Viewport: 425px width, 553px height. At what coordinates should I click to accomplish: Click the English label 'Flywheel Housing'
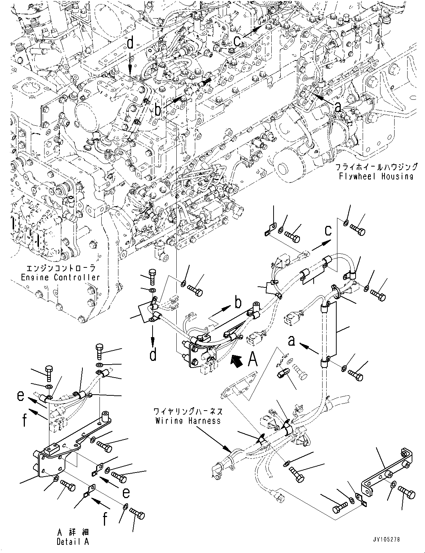coord(376,176)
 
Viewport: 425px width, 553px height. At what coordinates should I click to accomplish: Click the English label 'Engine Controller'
coord(60,277)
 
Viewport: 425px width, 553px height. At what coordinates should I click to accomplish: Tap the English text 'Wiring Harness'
coord(188,421)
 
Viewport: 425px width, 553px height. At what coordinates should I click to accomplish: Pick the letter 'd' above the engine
coord(130,43)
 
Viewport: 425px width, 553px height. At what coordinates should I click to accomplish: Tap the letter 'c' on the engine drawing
coord(237,41)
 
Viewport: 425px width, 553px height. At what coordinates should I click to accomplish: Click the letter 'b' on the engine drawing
coord(165,110)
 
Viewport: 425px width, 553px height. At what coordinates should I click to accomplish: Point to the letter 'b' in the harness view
coord(238,303)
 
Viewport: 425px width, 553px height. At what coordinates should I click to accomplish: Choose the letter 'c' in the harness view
coord(328,230)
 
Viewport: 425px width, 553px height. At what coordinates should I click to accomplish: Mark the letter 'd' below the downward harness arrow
coord(153,355)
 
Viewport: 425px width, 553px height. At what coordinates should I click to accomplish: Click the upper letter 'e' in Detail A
coord(21,396)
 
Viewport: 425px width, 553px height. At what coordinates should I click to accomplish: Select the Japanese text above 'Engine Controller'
coord(61,268)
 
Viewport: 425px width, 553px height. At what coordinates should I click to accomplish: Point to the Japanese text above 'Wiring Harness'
coord(188,412)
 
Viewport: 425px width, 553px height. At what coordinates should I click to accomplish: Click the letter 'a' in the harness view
coord(292,340)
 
